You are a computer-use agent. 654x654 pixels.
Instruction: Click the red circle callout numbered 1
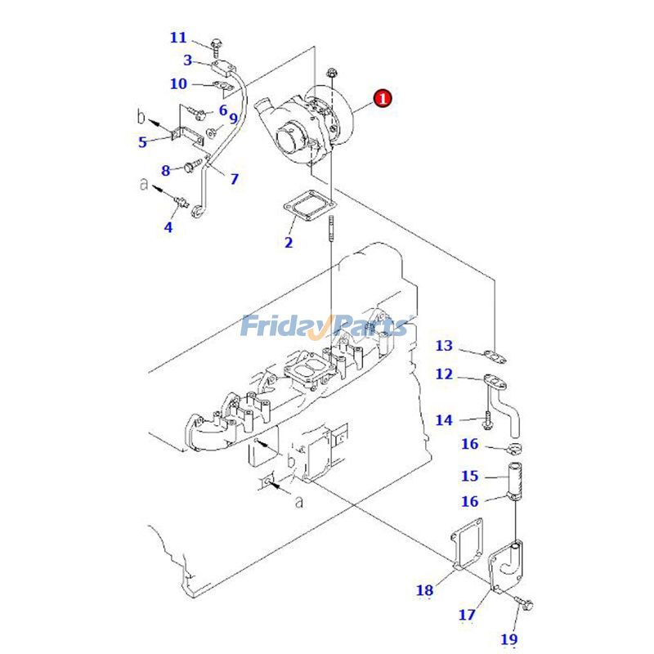383,99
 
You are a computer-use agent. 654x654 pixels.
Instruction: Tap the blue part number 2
289,242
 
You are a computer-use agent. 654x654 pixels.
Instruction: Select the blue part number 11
178,38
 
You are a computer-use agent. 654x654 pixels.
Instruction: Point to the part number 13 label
444,346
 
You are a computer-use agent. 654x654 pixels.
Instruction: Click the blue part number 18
425,589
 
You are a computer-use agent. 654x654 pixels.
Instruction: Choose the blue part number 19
509,638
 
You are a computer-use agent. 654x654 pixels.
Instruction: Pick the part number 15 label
469,476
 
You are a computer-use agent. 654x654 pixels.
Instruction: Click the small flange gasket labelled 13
493,356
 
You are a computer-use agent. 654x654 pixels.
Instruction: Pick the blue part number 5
142,141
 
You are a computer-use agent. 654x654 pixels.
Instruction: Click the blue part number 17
466,614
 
